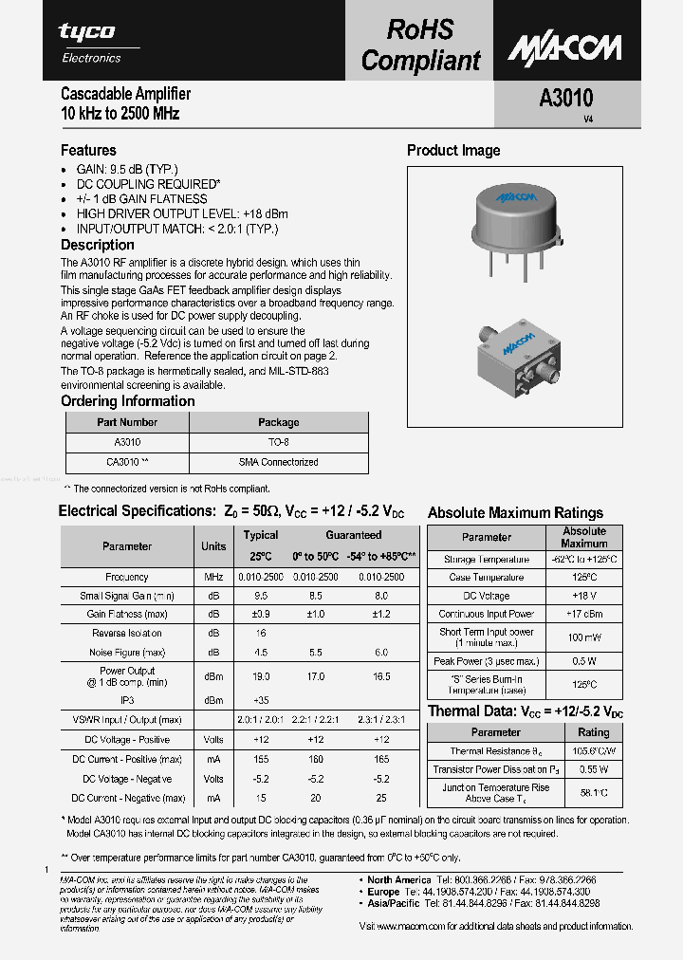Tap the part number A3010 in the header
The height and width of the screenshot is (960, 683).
click(x=566, y=98)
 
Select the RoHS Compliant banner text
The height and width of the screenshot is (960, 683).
click(x=420, y=46)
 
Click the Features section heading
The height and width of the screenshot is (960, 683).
click(x=88, y=150)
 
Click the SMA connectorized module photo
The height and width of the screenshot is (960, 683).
click(x=516, y=360)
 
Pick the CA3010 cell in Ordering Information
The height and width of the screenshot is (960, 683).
click(x=127, y=462)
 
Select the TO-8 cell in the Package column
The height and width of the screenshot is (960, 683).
click(x=278, y=442)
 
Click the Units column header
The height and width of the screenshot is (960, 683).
click(x=213, y=545)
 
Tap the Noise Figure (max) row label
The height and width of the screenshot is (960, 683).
click(x=127, y=652)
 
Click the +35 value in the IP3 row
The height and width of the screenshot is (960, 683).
click(x=261, y=700)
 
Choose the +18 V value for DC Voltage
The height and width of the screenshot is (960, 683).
click(x=583, y=596)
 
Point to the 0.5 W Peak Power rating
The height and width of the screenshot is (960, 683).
click(x=583, y=661)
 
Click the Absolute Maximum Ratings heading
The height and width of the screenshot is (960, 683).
click(x=515, y=512)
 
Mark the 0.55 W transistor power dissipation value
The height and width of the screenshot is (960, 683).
click(x=593, y=769)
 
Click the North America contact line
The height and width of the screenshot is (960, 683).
click(x=482, y=879)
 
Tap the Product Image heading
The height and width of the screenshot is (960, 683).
click(x=453, y=150)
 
